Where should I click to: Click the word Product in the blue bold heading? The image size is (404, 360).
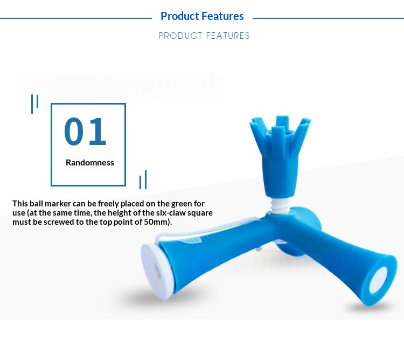(x=179, y=17)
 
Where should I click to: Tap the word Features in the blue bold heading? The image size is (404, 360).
(x=222, y=16)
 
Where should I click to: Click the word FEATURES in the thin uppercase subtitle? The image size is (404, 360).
(x=228, y=36)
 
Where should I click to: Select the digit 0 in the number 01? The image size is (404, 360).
(x=74, y=131)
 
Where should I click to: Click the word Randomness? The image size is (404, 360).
(x=90, y=163)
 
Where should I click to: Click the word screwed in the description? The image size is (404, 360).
(x=57, y=222)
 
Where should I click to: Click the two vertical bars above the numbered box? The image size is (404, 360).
(x=35, y=103)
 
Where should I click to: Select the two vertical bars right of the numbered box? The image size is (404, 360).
(x=143, y=179)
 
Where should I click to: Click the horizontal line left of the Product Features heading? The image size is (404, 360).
(x=76, y=18)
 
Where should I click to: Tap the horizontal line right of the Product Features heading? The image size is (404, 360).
(x=328, y=18)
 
